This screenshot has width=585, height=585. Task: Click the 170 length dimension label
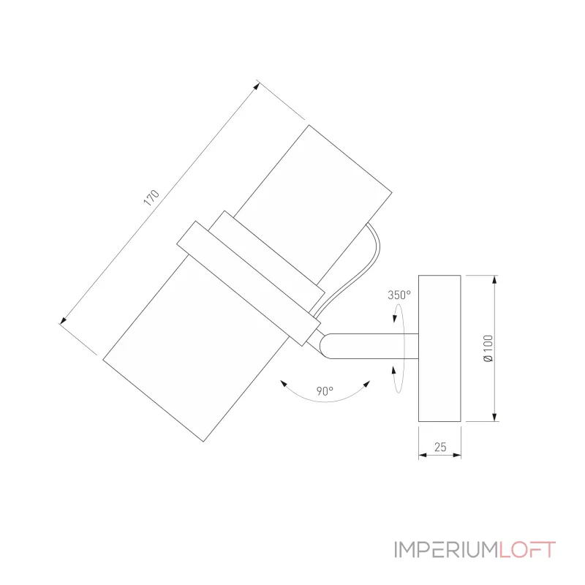151,199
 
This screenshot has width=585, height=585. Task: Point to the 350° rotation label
399,295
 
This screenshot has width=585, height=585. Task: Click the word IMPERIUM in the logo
446,550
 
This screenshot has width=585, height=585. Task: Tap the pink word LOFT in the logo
528,550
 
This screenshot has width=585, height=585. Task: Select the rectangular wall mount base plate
439,348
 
